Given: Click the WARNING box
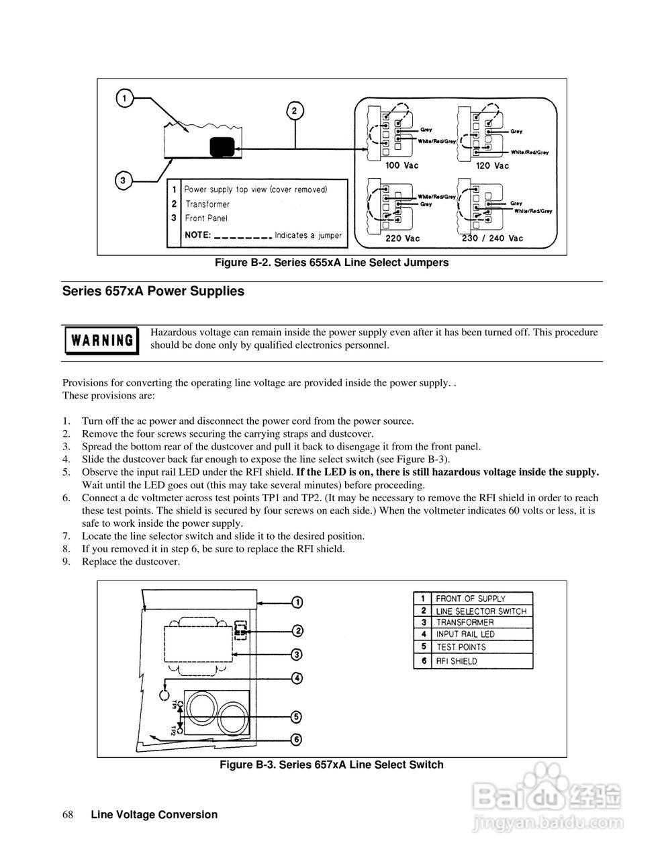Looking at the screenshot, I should (x=101, y=340).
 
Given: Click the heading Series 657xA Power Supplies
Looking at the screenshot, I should (x=153, y=292).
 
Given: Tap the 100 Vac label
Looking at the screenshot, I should (x=401, y=165).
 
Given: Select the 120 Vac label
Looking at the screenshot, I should (x=492, y=165).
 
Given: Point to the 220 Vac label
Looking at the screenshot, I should (x=403, y=239).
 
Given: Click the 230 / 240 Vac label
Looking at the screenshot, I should (x=492, y=239).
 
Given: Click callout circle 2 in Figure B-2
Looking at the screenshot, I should (x=295, y=110).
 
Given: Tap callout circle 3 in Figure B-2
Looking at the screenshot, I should (x=122, y=180).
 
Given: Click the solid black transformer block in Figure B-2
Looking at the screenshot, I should (x=222, y=146).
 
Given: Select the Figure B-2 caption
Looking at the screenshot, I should (x=331, y=263).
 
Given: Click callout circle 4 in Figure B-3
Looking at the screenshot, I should (x=296, y=678).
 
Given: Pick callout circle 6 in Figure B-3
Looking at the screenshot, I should (x=296, y=740).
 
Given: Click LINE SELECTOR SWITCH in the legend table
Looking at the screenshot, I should (x=481, y=611).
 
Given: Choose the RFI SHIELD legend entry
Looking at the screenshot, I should (x=457, y=661).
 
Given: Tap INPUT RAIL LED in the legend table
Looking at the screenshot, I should (x=465, y=634).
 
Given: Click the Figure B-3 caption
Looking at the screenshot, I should (x=332, y=765).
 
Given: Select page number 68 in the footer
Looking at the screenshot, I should (x=68, y=815).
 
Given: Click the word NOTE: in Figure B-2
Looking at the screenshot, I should (x=197, y=236).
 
